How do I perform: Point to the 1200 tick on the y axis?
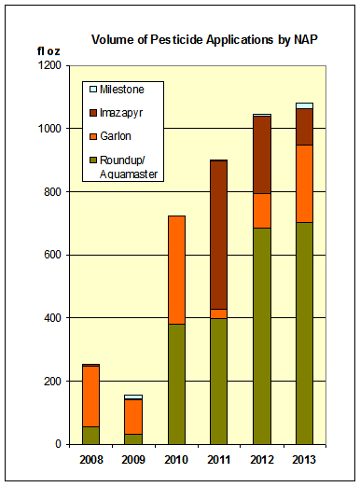click(48, 65)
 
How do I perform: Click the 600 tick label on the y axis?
click(51, 255)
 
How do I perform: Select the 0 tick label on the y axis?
click(58, 444)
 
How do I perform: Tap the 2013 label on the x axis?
click(303, 461)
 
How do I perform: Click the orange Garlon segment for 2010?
click(174, 270)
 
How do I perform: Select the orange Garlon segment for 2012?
click(260, 210)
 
